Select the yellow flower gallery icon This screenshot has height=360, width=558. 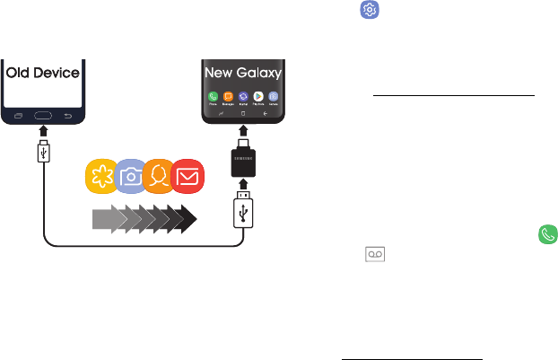click(102, 176)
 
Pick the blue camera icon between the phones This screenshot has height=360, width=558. click(132, 176)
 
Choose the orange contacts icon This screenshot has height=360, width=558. click(161, 176)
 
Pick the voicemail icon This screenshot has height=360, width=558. click(372, 255)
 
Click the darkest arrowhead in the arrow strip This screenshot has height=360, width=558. click(187, 216)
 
